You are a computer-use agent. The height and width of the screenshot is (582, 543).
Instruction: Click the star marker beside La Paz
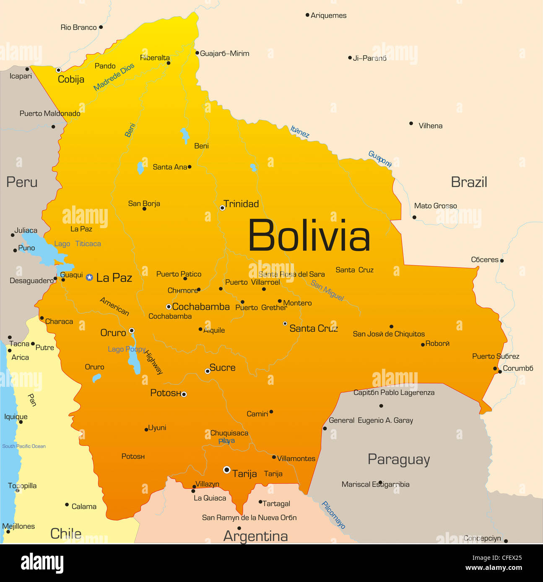tap(89, 277)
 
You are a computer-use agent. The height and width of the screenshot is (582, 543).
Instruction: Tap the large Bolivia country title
tap(309, 236)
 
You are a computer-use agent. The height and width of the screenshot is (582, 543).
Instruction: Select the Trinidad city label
tap(241, 204)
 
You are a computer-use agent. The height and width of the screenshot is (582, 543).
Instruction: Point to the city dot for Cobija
tap(59, 70)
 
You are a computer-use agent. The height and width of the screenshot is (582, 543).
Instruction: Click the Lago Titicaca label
tap(78, 244)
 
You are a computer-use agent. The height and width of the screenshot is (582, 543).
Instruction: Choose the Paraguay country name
tap(399, 459)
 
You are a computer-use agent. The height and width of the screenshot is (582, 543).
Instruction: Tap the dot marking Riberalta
tap(169, 63)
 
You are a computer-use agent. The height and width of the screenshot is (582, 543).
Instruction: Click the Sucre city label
tap(222, 368)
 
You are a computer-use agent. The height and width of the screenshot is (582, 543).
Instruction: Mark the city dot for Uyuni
tap(146, 430)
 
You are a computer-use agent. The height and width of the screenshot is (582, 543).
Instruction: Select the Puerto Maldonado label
tap(50, 113)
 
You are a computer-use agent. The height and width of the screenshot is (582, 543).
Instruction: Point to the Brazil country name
tap(469, 182)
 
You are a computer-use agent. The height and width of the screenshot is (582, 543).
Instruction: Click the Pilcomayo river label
tap(333, 515)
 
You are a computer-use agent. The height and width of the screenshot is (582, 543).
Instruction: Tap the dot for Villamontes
tap(274, 457)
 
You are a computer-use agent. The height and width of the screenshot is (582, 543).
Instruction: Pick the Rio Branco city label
tap(78, 28)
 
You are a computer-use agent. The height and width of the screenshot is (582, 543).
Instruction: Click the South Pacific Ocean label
tap(24, 446)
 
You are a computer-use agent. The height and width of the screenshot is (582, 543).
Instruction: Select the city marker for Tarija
tap(227, 470)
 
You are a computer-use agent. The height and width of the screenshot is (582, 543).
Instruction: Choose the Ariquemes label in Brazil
tap(329, 15)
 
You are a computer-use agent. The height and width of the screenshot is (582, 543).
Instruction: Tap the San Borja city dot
tap(144, 209)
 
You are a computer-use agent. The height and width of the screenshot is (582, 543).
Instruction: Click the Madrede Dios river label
tap(114, 77)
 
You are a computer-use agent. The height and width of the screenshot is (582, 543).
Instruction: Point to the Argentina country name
tap(256, 536)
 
